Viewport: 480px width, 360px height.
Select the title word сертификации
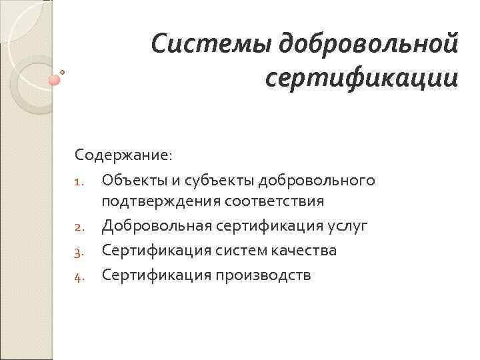point(361,79)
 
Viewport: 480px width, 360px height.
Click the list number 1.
point(79,182)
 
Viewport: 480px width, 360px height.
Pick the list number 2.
point(79,227)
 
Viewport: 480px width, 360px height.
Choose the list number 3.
point(79,252)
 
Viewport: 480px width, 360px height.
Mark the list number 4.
point(79,276)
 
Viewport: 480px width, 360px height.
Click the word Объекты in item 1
point(134,181)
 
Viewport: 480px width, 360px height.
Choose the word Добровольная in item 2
point(155,226)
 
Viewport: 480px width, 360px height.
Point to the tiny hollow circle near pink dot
point(62,71)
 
